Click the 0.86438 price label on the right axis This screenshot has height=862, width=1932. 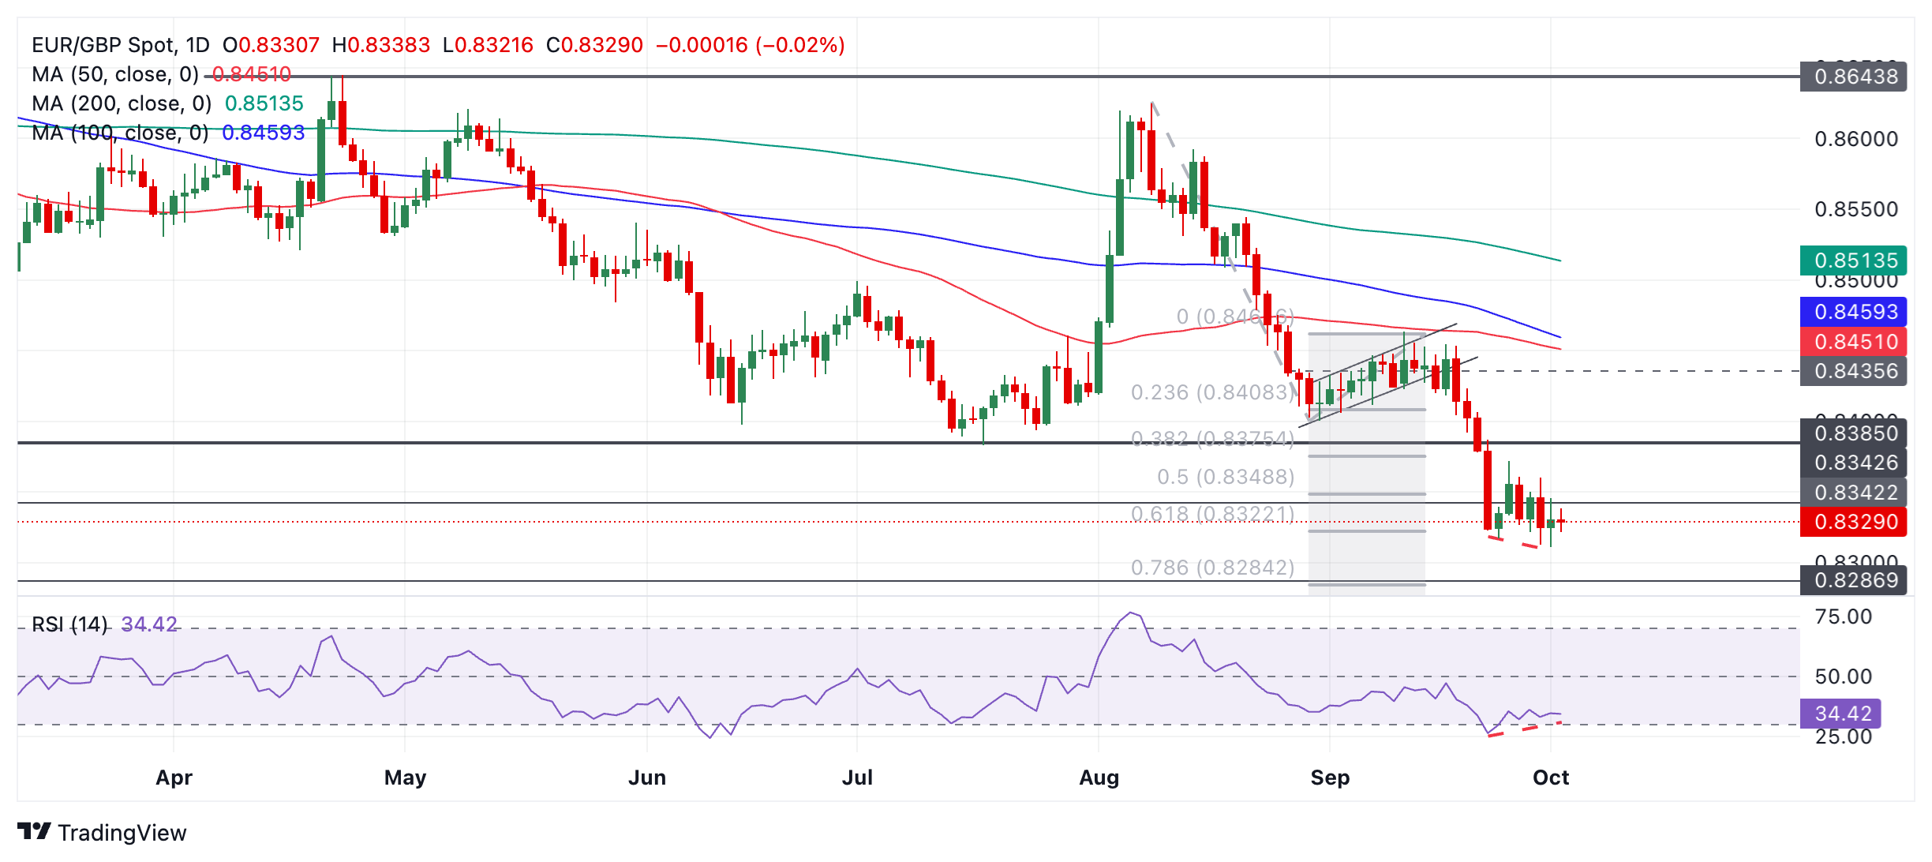[1855, 77]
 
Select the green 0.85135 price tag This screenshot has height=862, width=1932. [1855, 260]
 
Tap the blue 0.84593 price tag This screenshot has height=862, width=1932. [1855, 312]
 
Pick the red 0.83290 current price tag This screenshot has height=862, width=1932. [1855, 522]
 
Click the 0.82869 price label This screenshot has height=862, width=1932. [1855, 580]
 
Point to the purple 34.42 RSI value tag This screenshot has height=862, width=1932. [1842, 714]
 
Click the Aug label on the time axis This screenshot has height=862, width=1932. [1099, 778]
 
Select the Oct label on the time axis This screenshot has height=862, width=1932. [1550, 778]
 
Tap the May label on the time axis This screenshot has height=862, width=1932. [405, 778]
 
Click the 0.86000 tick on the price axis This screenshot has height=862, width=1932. [1855, 139]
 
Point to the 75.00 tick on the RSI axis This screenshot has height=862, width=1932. [1843, 617]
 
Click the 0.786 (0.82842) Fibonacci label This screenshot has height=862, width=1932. [1212, 568]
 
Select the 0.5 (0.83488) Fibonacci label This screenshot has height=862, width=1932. [1226, 477]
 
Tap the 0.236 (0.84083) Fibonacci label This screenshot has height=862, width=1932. [1212, 392]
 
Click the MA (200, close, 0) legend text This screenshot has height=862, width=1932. [122, 103]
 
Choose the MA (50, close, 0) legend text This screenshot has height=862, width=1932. [115, 74]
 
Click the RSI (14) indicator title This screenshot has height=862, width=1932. [69, 624]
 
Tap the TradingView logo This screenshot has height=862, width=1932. [103, 833]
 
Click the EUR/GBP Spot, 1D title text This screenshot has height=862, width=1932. [120, 45]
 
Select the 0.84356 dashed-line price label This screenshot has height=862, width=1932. [1855, 371]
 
